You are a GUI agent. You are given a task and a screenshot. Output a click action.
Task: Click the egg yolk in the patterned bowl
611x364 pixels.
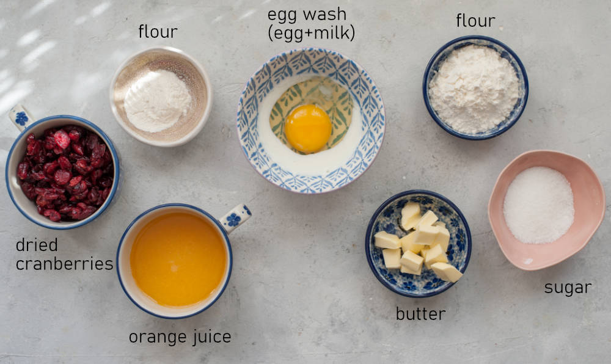pyautogui.click(x=308, y=128)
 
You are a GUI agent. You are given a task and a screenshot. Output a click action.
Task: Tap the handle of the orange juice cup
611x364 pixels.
pyautogui.click(x=238, y=217)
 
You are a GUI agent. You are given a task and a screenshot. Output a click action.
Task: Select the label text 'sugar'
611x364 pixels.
pyautogui.click(x=568, y=288)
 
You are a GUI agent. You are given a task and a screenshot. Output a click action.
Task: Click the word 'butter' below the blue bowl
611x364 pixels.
pyautogui.click(x=420, y=314)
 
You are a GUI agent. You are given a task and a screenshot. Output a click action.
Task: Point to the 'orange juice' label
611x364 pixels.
pyautogui.click(x=180, y=337)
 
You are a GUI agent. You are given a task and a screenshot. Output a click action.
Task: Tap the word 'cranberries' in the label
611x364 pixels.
pyautogui.click(x=64, y=264)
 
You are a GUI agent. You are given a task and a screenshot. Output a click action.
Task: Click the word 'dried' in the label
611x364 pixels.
pyautogui.click(x=37, y=245)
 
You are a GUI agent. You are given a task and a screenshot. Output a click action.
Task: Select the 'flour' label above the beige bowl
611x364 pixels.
pyautogui.click(x=158, y=32)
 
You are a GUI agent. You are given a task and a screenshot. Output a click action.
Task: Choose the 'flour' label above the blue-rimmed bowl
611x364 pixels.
pyautogui.click(x=475, y=21)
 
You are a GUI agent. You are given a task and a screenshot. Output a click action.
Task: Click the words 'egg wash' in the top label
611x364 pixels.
pyautogui.click(x=307, y=15)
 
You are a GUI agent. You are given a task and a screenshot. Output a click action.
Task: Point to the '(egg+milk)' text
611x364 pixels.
pyautogui.click(x=311, y=33)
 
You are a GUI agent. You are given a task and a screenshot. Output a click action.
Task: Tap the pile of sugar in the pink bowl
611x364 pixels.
pyautogui.click(x=538, y=205)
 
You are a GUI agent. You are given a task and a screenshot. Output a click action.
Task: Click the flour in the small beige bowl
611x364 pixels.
pyautogui.click(x=158, y=101)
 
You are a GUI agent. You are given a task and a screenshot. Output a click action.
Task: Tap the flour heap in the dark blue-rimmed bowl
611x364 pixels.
pyautogui.click(x=474, y=89)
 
